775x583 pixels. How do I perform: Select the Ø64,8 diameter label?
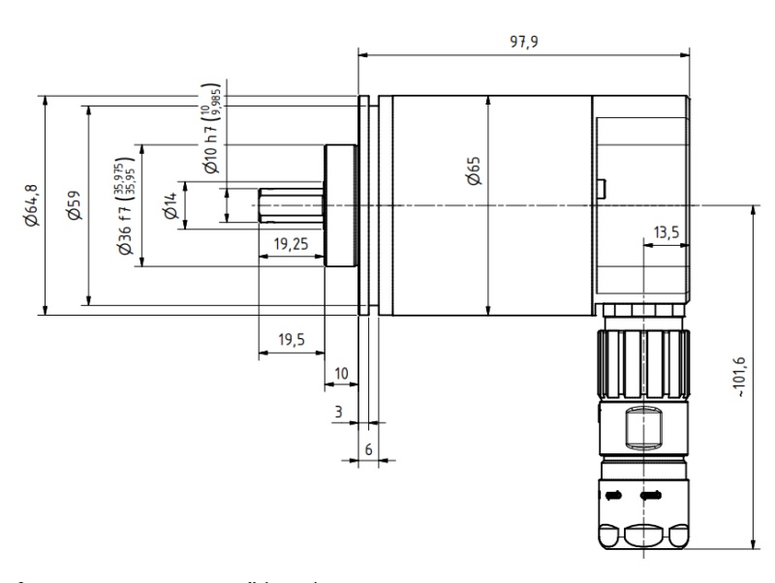point(32,205)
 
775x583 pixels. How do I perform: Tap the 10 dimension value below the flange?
point(340,372)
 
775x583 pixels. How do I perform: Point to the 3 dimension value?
point(338,412)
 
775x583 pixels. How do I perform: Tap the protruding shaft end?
point(291,205)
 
